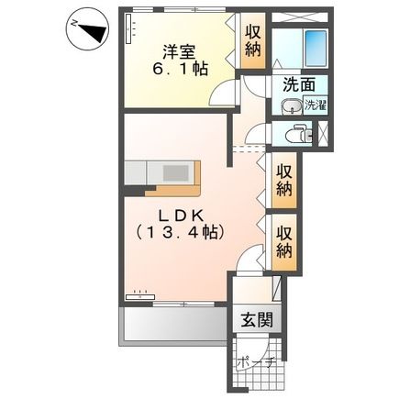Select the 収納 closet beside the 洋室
tap(253, 42)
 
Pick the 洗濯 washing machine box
tap(314, 105)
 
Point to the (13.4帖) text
tap(176, 234)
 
